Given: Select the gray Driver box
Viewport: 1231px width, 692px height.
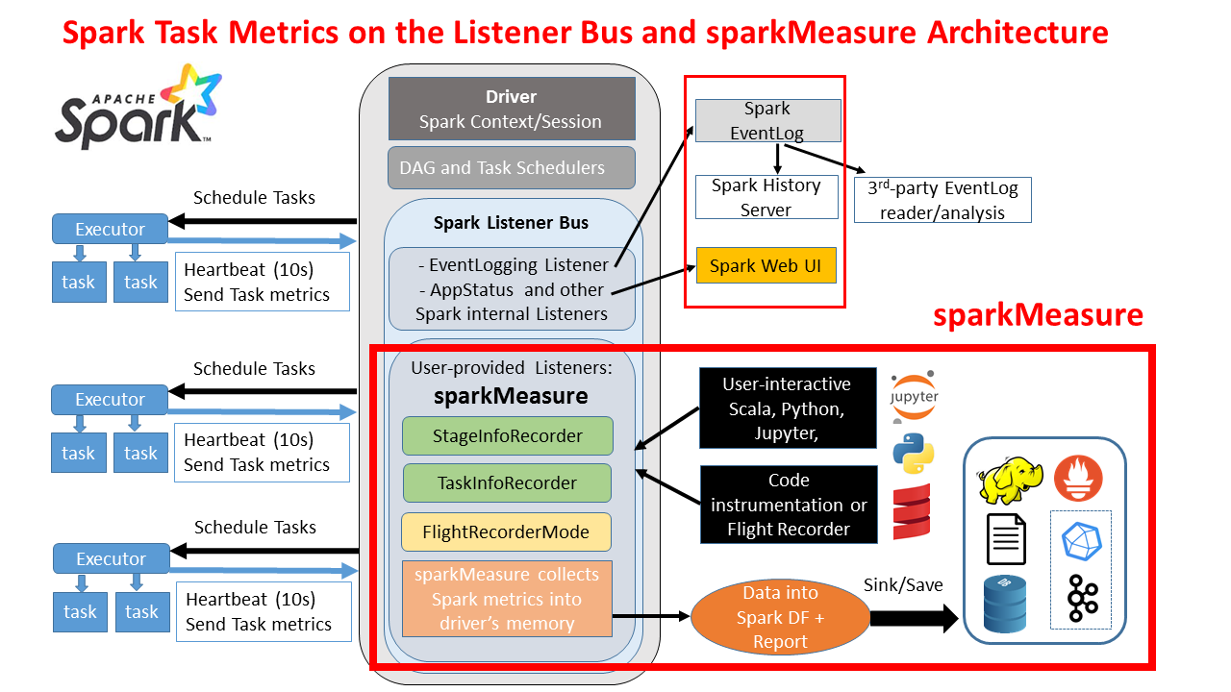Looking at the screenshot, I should click(x=512, y=109).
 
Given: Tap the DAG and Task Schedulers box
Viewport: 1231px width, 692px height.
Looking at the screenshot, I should click(x=512, y=167).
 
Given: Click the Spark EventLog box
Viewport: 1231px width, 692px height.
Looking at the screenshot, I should click(x=767, y=121).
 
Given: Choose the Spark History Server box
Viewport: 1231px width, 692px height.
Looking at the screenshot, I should click(x=766, y=197).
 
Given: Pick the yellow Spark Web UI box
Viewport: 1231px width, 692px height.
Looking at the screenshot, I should click(x=766, y=265).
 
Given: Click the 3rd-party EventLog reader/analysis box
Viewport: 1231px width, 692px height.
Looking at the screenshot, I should click(x=942, y=200).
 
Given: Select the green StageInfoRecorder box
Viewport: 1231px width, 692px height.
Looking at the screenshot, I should click(x=508, y=435).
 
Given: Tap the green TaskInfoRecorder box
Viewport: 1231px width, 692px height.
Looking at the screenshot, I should click(x=507, y=482).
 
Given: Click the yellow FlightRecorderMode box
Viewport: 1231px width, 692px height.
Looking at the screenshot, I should click(x=508, y=531).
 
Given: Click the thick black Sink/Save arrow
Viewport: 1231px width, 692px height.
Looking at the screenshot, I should click(x=914, y=618).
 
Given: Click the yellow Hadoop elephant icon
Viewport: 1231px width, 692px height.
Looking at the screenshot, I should click(x=1009, y=480).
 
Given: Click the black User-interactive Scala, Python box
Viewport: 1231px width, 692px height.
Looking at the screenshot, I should click(x=788, y=408).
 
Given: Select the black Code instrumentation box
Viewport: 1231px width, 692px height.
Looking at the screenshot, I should click(x=789, y=505).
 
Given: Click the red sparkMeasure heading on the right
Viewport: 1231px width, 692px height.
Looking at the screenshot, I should click(x=1038, y=315).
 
